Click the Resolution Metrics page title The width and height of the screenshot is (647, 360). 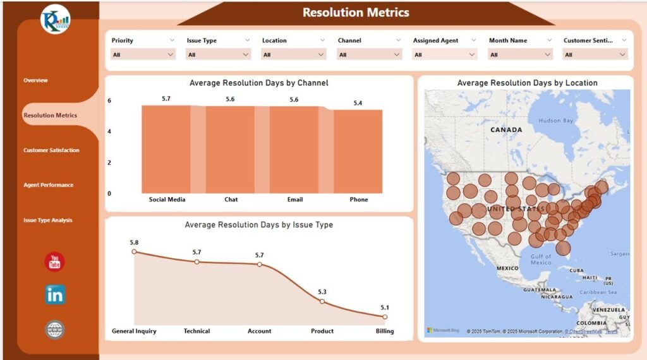click(356, 13)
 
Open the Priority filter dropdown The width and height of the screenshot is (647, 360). click(143, 55)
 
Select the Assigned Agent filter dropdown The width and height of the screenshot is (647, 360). click(444, 55)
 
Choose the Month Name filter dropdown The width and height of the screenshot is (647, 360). click(520, 55)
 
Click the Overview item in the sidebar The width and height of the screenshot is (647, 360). click(36, 80)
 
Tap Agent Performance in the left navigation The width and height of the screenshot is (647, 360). click(49, 185)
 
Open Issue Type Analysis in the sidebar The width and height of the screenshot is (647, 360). click(48, 220)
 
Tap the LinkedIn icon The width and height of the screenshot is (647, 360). click(55, 294)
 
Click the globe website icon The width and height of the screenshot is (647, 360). click(55, 329)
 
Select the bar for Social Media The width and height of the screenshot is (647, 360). click(166, 149)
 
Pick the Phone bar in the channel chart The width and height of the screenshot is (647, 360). click(358, 152)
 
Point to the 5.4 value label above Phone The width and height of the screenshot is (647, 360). click(358, 103)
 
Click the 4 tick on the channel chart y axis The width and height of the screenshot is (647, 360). click(109, 132)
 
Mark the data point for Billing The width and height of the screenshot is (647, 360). click(385, 317)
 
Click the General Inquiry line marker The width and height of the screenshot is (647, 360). click(134, 251)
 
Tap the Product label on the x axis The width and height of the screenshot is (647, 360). click(322, 331)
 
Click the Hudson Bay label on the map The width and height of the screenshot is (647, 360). click(555, 121)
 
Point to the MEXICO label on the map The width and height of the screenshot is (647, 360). click(507, 268)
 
